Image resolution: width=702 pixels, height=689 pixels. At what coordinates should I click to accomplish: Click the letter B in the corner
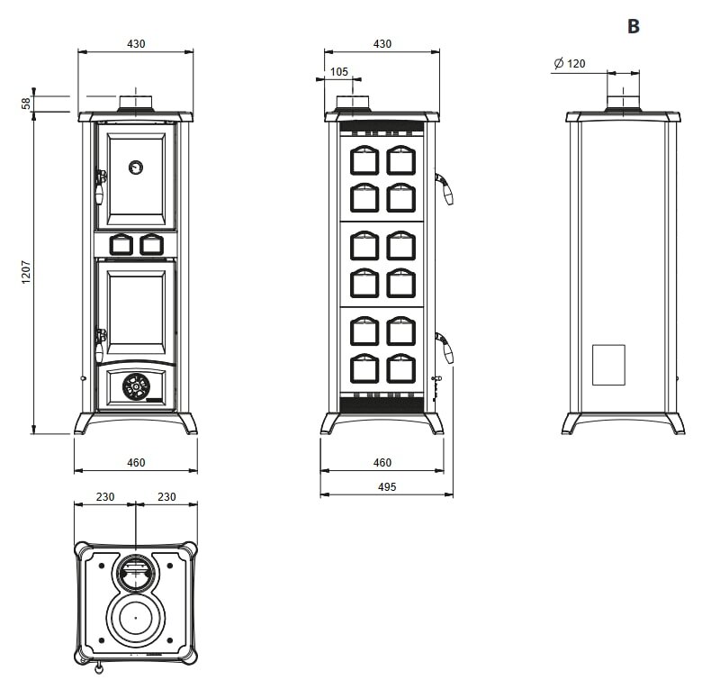[x=633, y=27]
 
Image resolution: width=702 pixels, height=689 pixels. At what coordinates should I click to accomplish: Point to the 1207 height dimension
[x=26, y=273]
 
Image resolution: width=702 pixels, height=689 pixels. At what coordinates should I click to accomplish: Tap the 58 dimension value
[x=26, y=103]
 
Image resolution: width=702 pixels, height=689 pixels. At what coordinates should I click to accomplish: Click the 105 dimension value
[x=339, y=72]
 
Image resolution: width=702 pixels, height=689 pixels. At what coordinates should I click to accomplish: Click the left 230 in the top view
[x=104, y=496]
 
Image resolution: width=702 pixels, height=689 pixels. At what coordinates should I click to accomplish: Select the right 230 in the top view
[x=166, y=496]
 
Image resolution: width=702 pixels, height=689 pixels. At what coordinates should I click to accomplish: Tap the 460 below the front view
[x=135, y=463]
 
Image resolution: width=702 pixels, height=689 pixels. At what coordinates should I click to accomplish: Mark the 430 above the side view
[x=382, y=43]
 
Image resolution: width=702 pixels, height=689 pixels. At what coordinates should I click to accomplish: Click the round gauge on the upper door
[x=135, y=167]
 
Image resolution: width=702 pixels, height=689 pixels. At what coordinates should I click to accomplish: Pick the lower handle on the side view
[x=445, y=348]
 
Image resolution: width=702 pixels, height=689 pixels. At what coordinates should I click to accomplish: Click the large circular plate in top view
[x=135, y=618]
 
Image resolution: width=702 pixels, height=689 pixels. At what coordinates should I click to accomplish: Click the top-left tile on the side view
[x=364, y=159]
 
